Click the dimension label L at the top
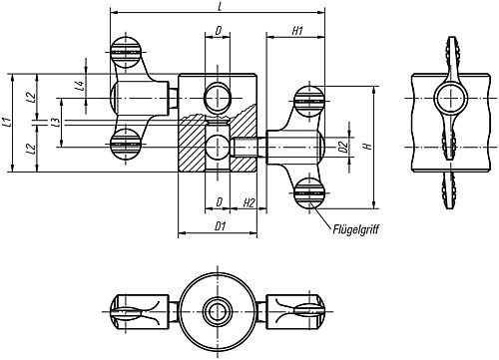tap(220, 6)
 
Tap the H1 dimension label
tap(297, 31)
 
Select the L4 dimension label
tap(79, 86)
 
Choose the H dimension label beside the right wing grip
tap(368, 147)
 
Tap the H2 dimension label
tap(249, 202)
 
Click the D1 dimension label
tap(221, 226)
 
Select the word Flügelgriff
tap(355, 229)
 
